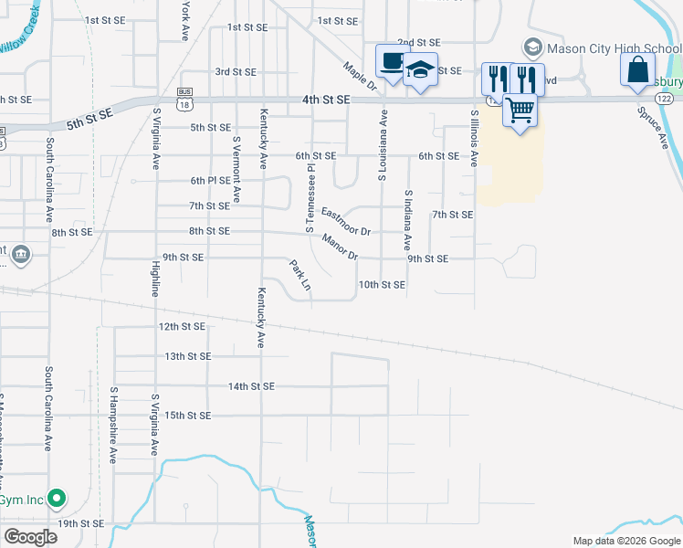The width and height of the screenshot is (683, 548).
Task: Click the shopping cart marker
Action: coord(520,111)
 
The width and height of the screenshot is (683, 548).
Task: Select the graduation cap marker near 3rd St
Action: coord(420,70)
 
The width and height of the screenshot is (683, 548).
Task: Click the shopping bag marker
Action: coord(637,69)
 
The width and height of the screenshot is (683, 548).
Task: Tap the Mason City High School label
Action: coord(602,47)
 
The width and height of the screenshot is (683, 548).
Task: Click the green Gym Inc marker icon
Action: coord(57,499)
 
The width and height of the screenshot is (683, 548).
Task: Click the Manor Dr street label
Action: coord(339,246)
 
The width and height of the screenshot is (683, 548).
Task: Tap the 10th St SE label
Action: coord(381,285)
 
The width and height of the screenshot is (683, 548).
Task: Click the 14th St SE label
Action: coord(251,386)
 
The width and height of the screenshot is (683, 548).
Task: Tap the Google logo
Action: coord(30,537)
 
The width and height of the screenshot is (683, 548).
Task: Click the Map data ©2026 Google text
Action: coord(626,541)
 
